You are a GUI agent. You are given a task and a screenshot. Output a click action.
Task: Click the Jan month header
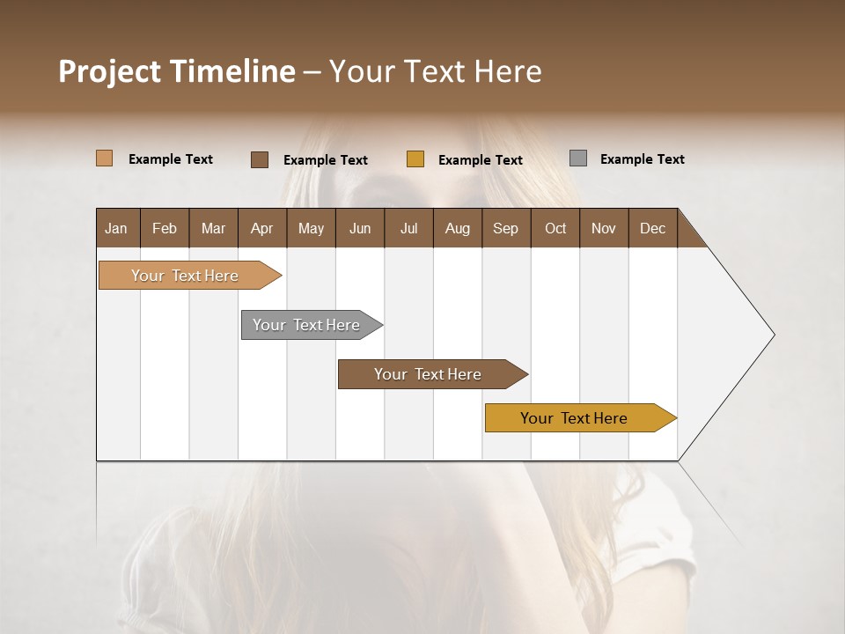116,228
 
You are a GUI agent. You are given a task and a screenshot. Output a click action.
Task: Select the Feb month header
165,228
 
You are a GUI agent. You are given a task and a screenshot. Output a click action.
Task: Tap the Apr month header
261,228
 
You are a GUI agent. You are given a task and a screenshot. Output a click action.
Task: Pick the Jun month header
360,228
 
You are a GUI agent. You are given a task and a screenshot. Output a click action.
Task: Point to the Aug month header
457,228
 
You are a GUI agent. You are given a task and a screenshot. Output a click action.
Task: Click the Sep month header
505,228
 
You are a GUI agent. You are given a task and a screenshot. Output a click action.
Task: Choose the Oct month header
555,228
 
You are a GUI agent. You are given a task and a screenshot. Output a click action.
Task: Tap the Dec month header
652,228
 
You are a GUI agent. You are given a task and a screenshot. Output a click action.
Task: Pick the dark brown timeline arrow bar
429,374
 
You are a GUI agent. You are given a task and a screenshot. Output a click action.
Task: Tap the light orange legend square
104,158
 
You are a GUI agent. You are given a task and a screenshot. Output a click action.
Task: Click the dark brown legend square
259,159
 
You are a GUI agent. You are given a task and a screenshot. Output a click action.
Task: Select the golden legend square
415,159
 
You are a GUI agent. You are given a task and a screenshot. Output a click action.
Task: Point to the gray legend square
578,158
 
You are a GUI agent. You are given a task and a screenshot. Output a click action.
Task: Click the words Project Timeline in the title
176,71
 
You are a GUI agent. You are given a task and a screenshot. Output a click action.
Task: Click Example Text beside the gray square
642,159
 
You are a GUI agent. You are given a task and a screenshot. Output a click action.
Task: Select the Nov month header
603,228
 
